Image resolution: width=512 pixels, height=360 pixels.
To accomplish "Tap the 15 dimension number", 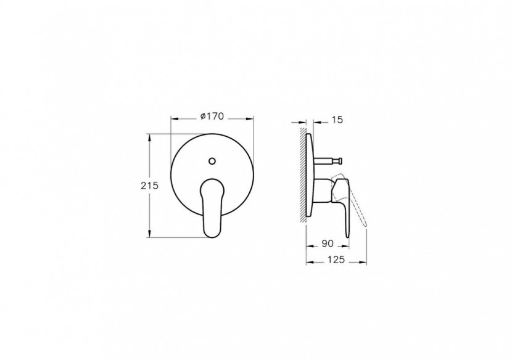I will (337, 120).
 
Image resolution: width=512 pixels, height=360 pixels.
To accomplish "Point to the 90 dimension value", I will (328, 244).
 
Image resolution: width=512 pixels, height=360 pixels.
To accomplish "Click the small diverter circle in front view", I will (212, 162).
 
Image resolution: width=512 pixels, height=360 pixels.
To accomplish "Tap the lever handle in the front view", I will (211, 203).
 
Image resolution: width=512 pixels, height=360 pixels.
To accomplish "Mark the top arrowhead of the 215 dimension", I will (150, 137).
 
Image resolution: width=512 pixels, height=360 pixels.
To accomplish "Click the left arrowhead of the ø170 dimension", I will (173, 118).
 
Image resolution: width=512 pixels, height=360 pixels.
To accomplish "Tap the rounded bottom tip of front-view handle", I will (211, 231).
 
